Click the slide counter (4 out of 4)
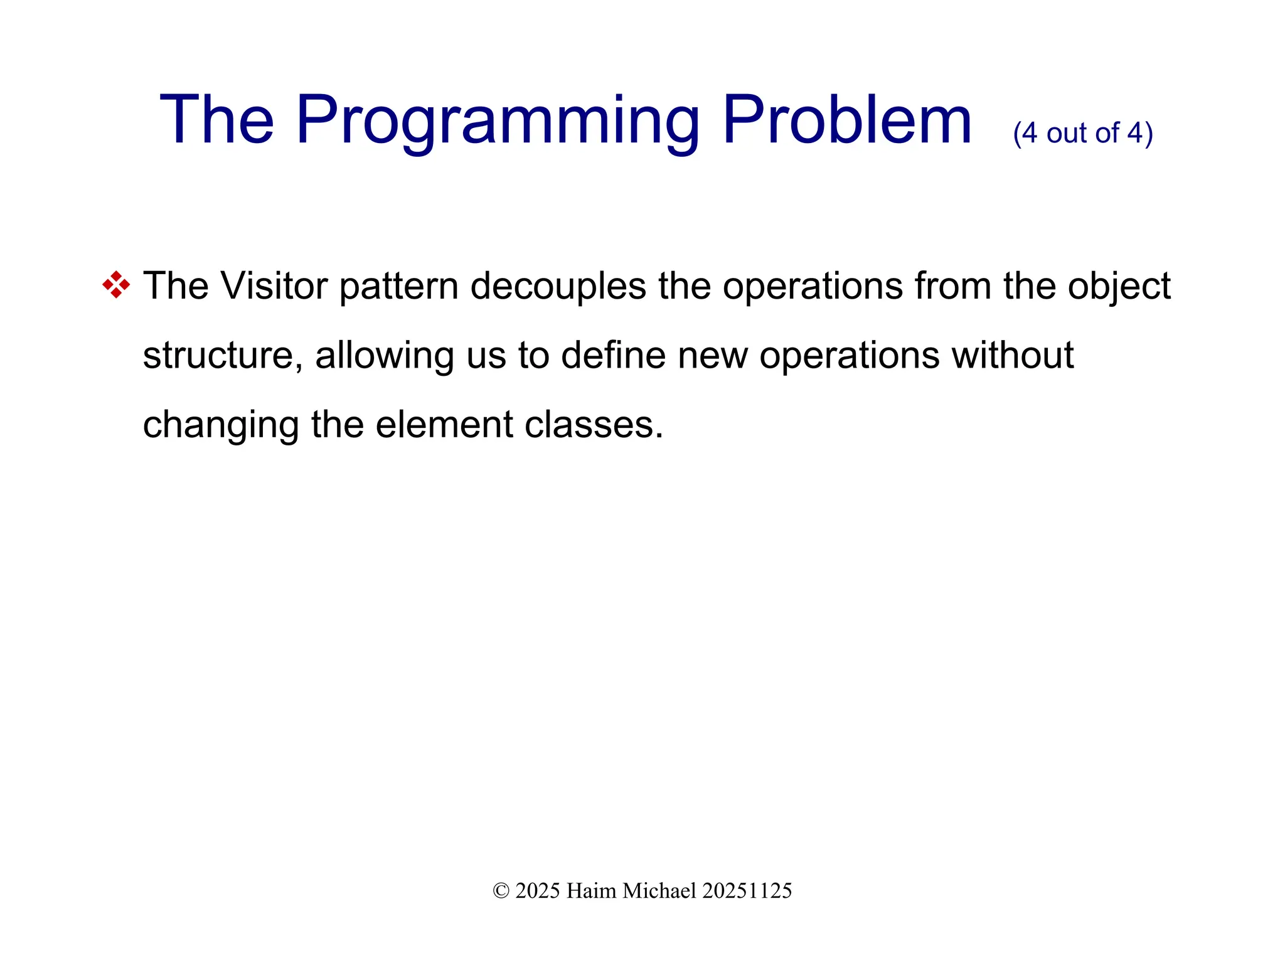click(x=1082, y=133)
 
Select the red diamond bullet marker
click(x=116, y=285)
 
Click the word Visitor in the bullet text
click(x=274, y=286)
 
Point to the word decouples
click(x=558, y=286)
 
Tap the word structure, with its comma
click(x=223, y=356)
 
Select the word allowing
click(x=384, y=356)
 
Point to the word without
click(x=1012, y=355)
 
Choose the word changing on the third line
click(x=220, y=425)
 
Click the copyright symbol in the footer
click(x=501, y=891)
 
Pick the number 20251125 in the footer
click(x=747, y=891)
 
